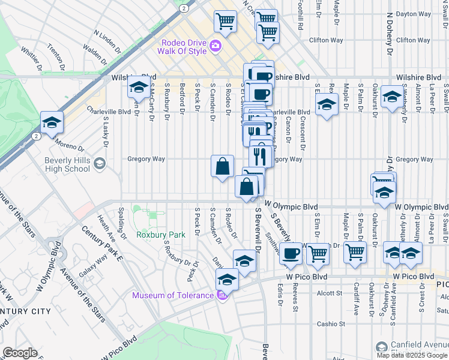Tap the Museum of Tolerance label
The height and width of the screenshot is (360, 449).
(x=173, y=295)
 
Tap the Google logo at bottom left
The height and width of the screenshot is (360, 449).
(x=19, y=353)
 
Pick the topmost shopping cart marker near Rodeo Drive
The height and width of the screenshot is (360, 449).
(x=225, y=21)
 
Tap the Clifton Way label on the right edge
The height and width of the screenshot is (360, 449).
(x=414, y=40)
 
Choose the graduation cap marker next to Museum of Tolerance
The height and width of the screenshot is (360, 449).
(x=227, y=279)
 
